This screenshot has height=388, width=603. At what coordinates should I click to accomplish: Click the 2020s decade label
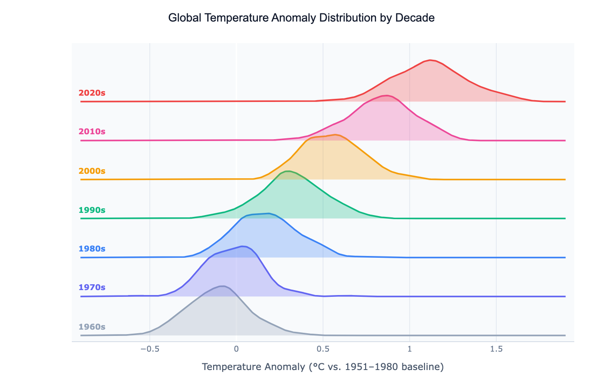coord(92,93)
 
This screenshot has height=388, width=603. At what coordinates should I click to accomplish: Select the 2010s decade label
coord(92,132)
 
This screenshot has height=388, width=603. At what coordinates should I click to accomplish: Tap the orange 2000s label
coord(92,171)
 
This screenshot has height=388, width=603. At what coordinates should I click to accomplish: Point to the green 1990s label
coord(92,210)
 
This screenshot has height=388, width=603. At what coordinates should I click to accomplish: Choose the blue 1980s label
coord(92,249)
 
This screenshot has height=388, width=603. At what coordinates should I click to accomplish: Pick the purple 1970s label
coord(92,287)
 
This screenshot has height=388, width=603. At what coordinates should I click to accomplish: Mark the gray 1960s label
coord(92,326)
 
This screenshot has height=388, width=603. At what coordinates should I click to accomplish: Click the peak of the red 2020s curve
coord(430,60)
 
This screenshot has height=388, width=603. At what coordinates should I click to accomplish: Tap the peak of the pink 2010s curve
coord(387,95)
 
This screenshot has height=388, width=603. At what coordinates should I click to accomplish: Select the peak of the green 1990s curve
coord(288,171)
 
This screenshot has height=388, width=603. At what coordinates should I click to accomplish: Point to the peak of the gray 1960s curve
coord(222,286)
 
